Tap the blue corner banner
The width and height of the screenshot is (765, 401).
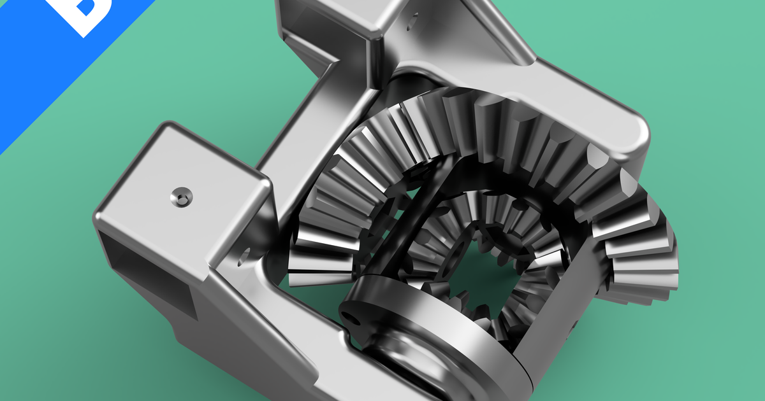pyautogui.click(x=38, y=70)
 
